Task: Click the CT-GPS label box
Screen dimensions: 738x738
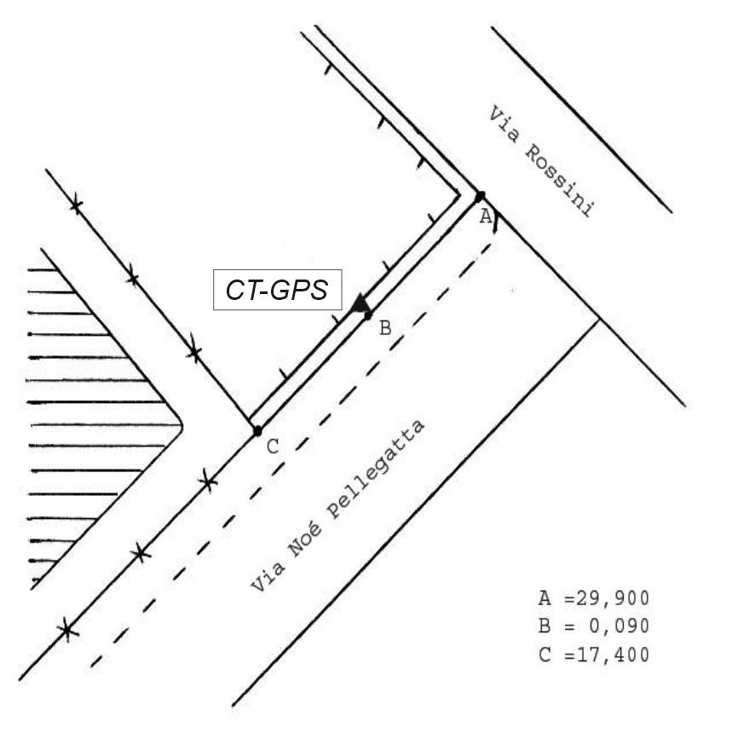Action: (x=277, y=290)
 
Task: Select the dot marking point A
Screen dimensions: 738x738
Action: (x=481, y=196)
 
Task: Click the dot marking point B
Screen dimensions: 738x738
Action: (x=368, y=316)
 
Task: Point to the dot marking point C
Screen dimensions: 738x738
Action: (x=257, y=431)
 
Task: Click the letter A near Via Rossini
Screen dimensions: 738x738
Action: (x=485, y=216)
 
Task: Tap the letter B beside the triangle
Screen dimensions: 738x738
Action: (x=384, y=328)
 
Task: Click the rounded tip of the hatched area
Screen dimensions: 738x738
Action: (x=180, y=424)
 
